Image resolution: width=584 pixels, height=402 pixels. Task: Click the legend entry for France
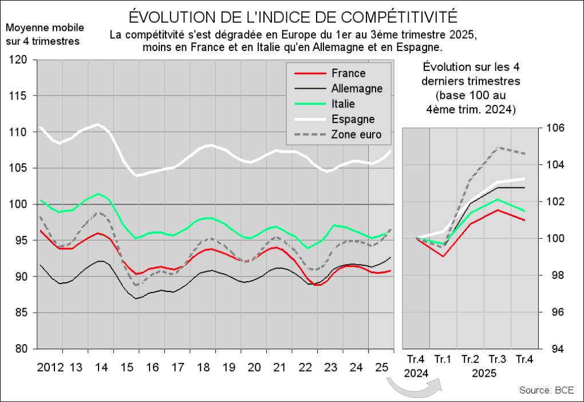tap(348, 73)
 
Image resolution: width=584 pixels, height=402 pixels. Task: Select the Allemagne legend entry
tap(357, 89)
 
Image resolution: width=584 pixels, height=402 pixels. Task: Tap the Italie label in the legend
tap(343, 104)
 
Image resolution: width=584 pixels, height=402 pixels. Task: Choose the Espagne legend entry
tap(353, 120)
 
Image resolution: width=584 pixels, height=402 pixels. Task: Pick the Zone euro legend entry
tap(356, 135)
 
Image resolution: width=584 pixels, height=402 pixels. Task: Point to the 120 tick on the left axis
tap(19, 60)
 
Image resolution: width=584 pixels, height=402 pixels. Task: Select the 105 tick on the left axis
tap(19, 168)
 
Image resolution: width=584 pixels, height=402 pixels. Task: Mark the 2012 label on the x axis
tap(50, 366)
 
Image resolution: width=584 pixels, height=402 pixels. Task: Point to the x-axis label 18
tap(203, 366)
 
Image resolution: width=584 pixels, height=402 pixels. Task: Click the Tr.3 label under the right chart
tap(497, 360)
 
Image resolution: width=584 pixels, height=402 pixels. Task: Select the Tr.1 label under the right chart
tap(443, 360)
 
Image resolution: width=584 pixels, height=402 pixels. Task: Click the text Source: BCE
tap(546, 391)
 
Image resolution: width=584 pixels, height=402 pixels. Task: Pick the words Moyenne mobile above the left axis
tap(45, 28)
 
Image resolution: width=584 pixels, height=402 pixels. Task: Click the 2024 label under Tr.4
tap(416, 373)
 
